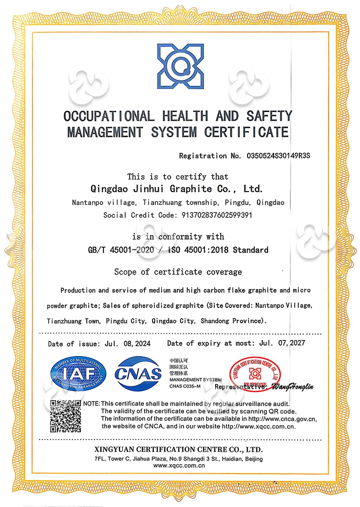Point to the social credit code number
(213, 215)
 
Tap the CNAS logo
(138, 373)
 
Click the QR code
(65, 416)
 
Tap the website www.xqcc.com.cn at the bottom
(179, 466)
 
